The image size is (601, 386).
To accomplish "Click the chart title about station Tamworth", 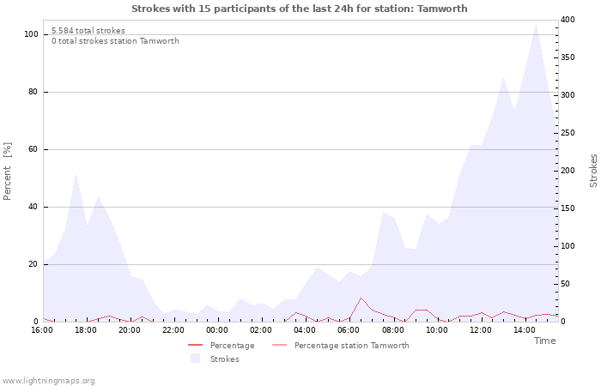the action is click(x=300, y=9).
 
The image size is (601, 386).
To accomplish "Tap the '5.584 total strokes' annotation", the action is click(x=88, y=31).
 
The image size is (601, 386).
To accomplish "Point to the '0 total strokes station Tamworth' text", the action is click(x=115, y=41).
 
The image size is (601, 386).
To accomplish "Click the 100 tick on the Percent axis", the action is click(x=32, y=34).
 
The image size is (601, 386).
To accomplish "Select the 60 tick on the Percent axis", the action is click(x=33, y=149).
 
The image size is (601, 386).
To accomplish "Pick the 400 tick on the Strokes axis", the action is click(x=568, y=20).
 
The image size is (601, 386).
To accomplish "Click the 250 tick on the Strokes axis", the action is click(x=568, y=133).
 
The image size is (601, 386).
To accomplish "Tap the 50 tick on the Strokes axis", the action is click(x=565, y=284).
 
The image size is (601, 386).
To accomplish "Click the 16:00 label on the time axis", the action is click(x=42, y=330).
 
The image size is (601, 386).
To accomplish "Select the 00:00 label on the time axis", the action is click(x=217, y=330).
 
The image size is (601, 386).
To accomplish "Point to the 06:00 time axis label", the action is click(x=349, y=330).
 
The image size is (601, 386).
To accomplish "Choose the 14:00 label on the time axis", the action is click(x=524, y=330).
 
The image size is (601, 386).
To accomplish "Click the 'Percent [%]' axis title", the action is click(x=7, y=172).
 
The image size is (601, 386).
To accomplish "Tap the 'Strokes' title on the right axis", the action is click(x=593, y=171).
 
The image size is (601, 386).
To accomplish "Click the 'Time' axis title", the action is click(x=544, y=341).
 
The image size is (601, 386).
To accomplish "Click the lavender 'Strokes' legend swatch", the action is click(x=196, y=359).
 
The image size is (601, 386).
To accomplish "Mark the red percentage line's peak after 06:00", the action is click(x=361, y=298).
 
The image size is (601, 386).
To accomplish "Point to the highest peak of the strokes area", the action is click(x=536, y=24).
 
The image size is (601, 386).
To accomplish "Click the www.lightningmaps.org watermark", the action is click(x=48, y=381).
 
